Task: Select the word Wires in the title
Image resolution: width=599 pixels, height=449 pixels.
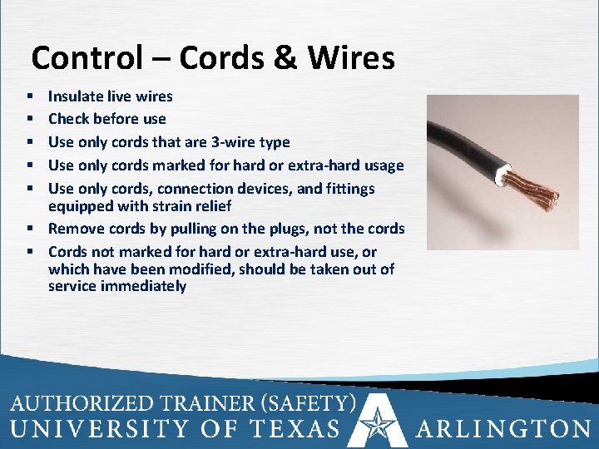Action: (355, 58)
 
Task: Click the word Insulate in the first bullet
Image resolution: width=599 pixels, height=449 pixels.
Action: (75, 97)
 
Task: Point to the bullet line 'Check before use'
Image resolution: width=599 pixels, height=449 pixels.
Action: (106, 119)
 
